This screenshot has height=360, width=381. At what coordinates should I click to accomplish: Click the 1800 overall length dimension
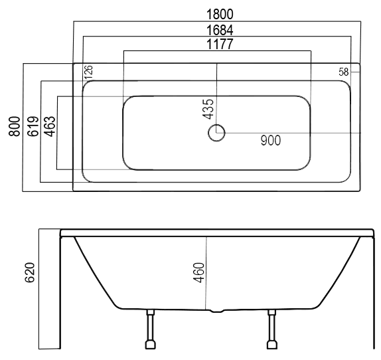pyautogui.click(x=220, y=14)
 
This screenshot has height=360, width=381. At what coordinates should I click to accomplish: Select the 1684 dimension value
pyautogui.click(x=220, y=30)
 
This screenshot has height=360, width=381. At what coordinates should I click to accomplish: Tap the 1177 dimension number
pyautogui.click(x=220, y=44)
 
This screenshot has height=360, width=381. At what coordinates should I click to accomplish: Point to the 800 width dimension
pyautogui.click(x=15, y=126)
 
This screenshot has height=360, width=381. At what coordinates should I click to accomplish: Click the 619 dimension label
pyautogui.click(x=33, y=126)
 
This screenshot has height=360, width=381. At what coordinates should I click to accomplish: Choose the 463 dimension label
pyautogui.click(x=50, y=126)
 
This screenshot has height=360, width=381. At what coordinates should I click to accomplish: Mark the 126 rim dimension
pyautogui.click(x=89, y=72)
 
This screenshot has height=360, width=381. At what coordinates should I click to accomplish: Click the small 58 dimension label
pyautogui.click(x=344, y=72)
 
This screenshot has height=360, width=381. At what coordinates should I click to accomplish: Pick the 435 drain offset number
pyautogui.click(x=208, y=109)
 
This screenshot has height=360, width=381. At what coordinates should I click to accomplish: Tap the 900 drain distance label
pyautogui.click(x=271, y=140)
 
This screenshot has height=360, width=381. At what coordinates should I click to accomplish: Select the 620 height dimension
pyautogui.click(x=30, y=272)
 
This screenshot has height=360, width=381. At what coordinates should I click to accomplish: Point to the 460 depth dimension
pyautogui.click(x=198, y=272)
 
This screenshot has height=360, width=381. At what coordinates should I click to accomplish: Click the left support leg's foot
pyautogui.click(x=151, y=345)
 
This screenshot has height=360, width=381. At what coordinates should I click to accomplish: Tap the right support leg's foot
pyautogui.click(x=272, y=345)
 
